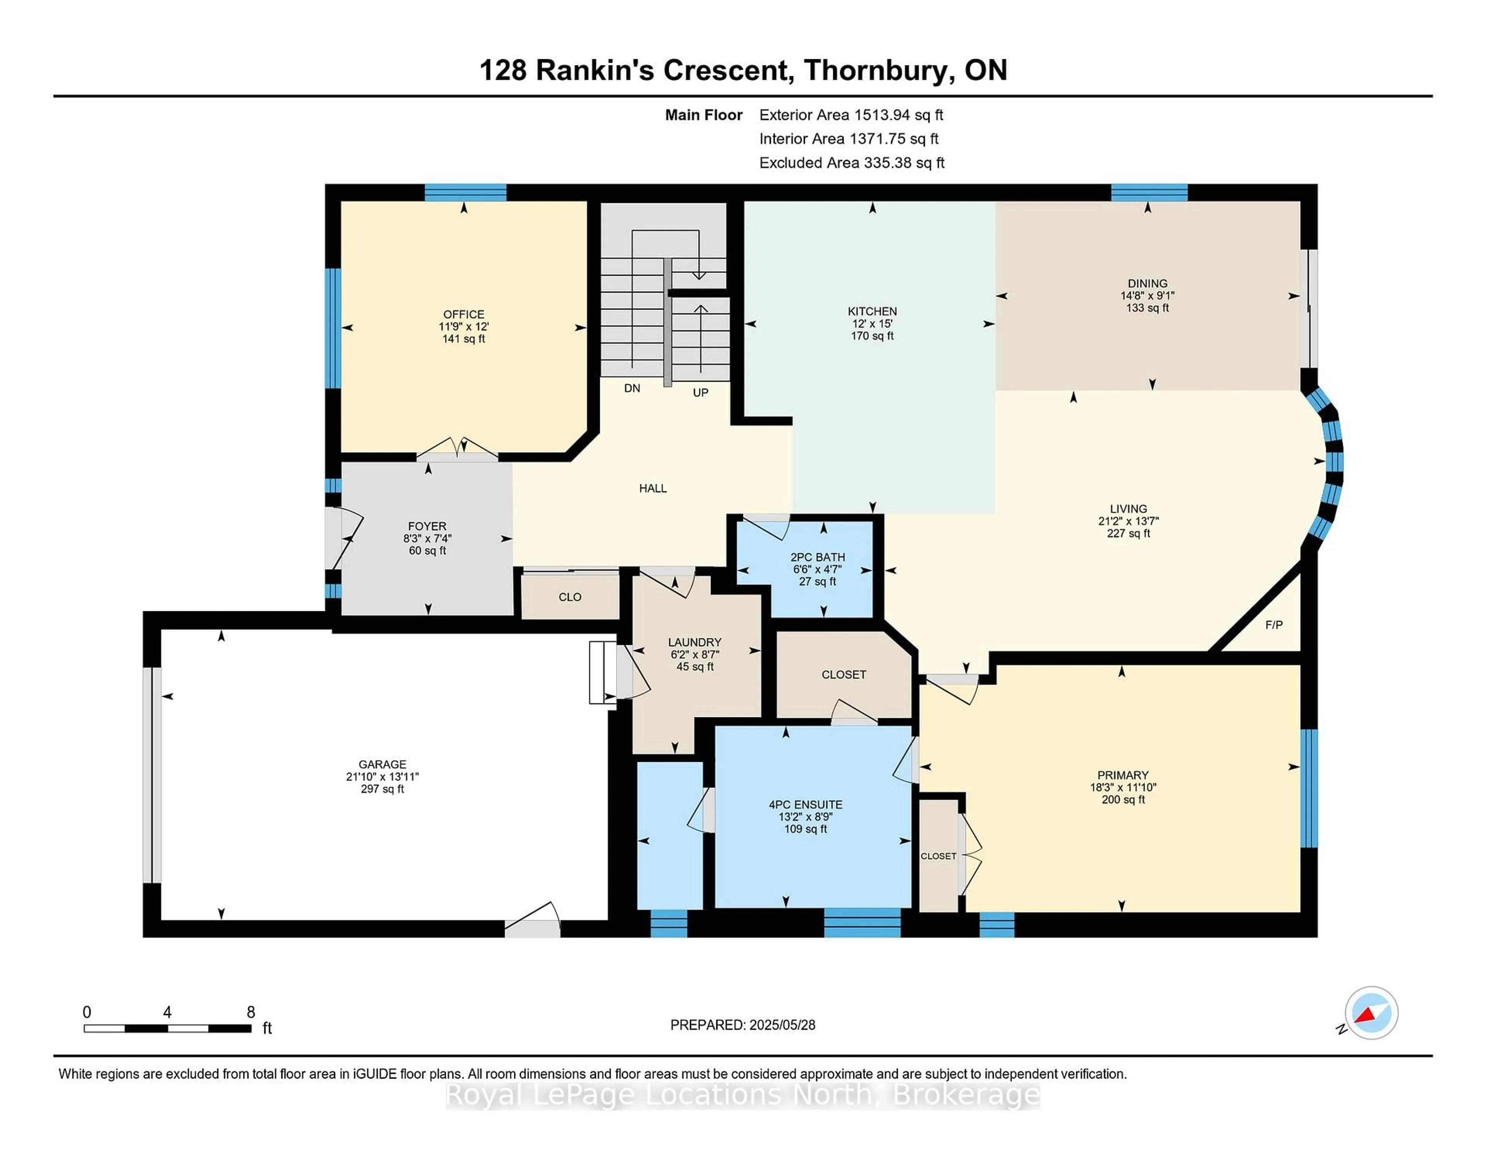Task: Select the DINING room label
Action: tap(1147, 283)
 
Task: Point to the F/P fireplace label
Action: tap(1274, 625)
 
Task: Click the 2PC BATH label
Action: tap(817, 557)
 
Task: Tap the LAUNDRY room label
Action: tap(694, 642)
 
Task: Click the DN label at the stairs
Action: tap(632, 388)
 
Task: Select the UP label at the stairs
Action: tap(700, 392)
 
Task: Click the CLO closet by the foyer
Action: tap(570, 597)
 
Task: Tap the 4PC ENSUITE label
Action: tap(806, 804)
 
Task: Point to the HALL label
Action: tap(652, 488)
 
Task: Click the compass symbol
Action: tap(1371, 1013)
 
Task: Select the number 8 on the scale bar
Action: tap(250, 1012)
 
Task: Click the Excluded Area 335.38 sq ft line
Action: tap(851, 163)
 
